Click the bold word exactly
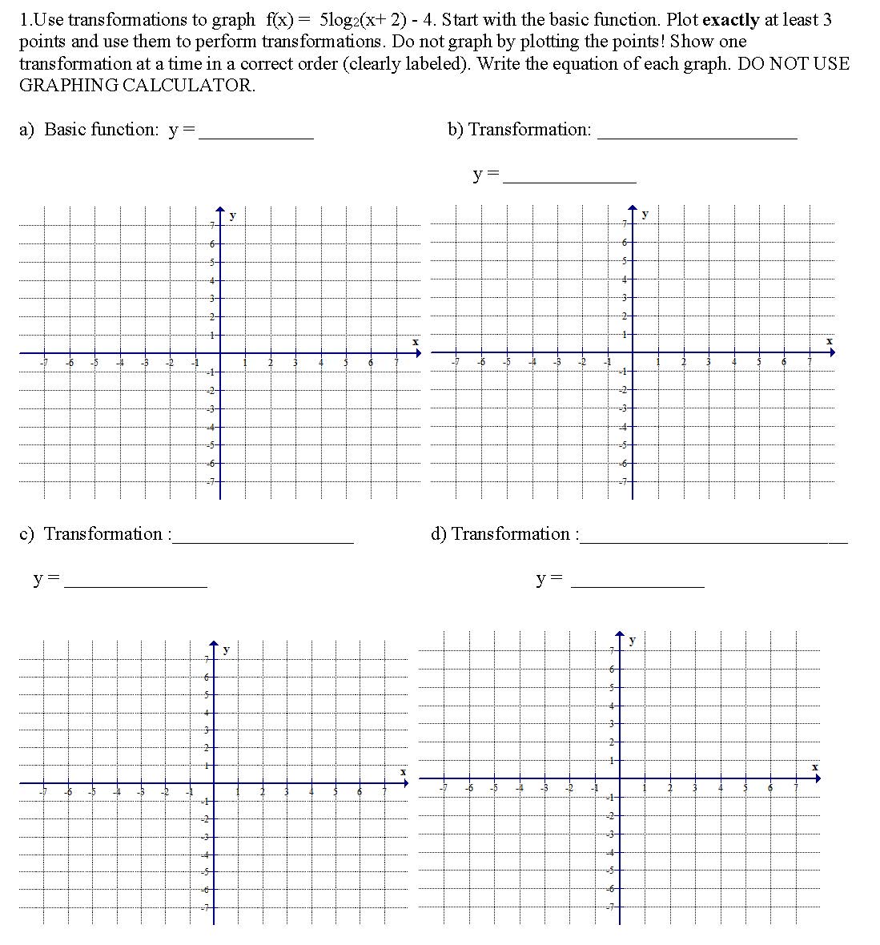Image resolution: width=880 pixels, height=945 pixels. tap(730, 19)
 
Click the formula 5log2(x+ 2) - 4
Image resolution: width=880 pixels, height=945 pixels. tap(390, 19)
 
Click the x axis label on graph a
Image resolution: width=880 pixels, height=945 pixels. tap(415, 342)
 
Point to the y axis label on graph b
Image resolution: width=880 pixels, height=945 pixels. tap(645, 214)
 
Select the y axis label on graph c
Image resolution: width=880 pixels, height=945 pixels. tap(226, 649)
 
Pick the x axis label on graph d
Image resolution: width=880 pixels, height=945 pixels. tap(815, 767)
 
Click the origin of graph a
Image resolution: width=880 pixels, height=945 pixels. tap(220, 352)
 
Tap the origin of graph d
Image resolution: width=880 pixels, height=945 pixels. tap(620, 778)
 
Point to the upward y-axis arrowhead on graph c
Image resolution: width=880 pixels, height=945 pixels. tap(214, 644)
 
